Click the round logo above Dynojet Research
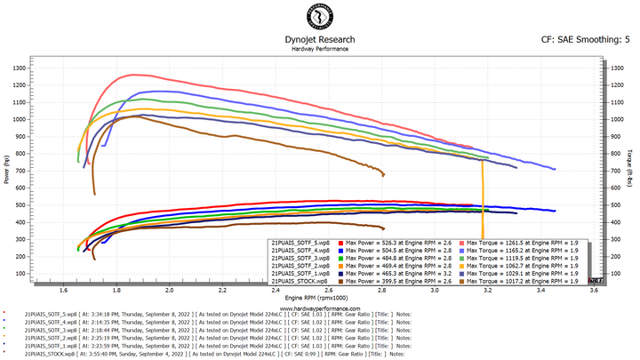(x=319, y=19)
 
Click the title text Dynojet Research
(x=319, y=40)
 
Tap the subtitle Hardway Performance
(x=319, y=49)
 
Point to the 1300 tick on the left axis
(x=18, y=68)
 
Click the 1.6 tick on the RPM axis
(x=64, y=290)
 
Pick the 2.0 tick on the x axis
(x=170, y=290)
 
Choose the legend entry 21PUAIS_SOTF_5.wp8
(x=300, y=242)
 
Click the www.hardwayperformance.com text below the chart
(x=319, y=308)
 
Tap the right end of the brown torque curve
(x=384, y=173)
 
